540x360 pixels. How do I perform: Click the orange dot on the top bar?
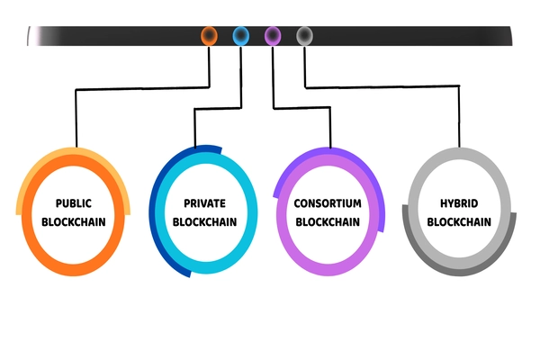point(209,36)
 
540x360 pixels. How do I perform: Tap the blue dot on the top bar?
point(241,36)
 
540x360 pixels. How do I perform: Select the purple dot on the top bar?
point(273,36)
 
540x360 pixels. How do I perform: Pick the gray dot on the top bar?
point(305,36)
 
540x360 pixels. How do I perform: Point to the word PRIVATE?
point(203,203)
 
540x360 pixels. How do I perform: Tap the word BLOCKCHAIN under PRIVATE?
point(203,221)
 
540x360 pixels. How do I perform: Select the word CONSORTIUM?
point(328,203)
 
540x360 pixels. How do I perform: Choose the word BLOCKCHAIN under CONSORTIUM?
point(328,221)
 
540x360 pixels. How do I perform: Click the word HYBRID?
point(458,203)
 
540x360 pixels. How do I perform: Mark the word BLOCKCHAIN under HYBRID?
point(458,221)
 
